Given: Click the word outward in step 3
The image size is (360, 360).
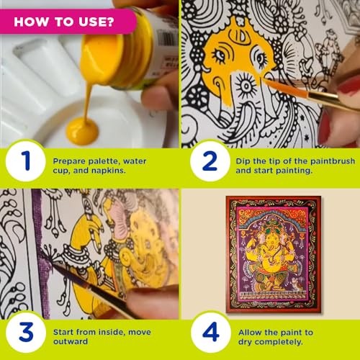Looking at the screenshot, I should tap(70, 338).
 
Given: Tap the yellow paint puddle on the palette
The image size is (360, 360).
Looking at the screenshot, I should tap(83, 132).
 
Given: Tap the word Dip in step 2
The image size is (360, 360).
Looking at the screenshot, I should tap(243, 155).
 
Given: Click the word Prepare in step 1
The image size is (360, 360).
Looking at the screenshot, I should tap(71, 155).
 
